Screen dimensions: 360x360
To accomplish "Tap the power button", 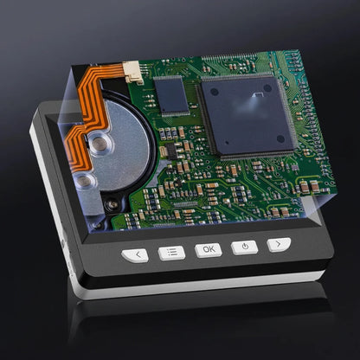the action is pyautogui.click(x=245, y=247).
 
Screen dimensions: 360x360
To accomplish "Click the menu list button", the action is pyautogui.click(x=171, y=253).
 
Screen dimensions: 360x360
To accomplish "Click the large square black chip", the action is pyautogui.click(x=247, y=116).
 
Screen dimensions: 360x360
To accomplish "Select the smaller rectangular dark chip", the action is pyautogui.click(x=171, y=95).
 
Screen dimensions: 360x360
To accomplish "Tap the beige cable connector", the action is pyautogui.click(x=132, y=72).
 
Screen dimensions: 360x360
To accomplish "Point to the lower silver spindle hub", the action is pyautogui.click(x=84, y=181).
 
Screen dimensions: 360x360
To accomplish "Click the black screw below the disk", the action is pyautogui.click(x=112, y=204).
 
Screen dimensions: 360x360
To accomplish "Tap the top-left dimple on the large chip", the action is pyautogui.click(x=215, y=92).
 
